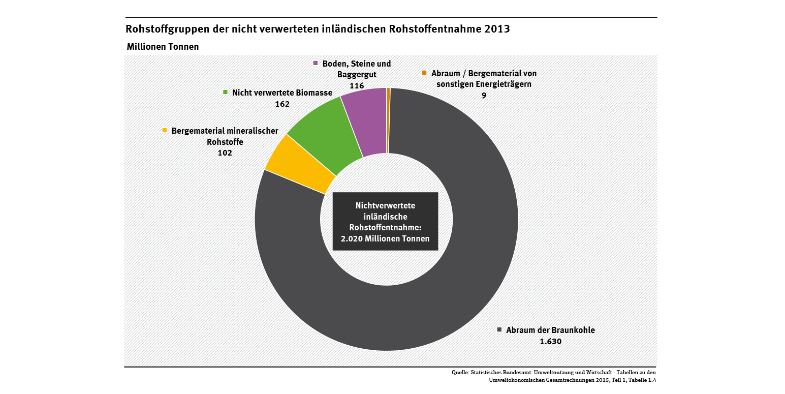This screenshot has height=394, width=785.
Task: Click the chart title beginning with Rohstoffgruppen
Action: (x=317, y=29)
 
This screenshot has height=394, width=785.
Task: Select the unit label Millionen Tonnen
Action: (x=163, y=46)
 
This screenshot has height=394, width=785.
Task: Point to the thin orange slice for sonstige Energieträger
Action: (x=388, y=120)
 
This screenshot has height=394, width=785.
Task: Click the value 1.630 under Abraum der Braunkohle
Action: (x=550, y=341)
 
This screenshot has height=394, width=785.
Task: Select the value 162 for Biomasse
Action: (x=282, y=104)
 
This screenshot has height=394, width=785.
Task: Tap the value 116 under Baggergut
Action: (x=357, y=85)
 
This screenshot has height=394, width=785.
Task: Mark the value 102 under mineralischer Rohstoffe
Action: (x=225, y=153)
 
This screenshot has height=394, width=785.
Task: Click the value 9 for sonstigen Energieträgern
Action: (x=484, y=95)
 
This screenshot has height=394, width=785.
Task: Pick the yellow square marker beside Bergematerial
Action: (x=165, y=131)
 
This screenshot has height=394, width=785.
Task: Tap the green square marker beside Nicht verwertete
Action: (x=225, y=93)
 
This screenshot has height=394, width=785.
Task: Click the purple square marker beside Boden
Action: (x=316, y=64)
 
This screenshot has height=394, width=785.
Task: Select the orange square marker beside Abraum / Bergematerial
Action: (x=424, y=73)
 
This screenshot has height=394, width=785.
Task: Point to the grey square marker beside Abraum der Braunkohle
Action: (x=499, y=329)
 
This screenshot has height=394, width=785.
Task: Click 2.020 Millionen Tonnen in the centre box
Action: (x=385, y=238)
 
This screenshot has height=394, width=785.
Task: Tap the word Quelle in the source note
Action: (x=460, y=373)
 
